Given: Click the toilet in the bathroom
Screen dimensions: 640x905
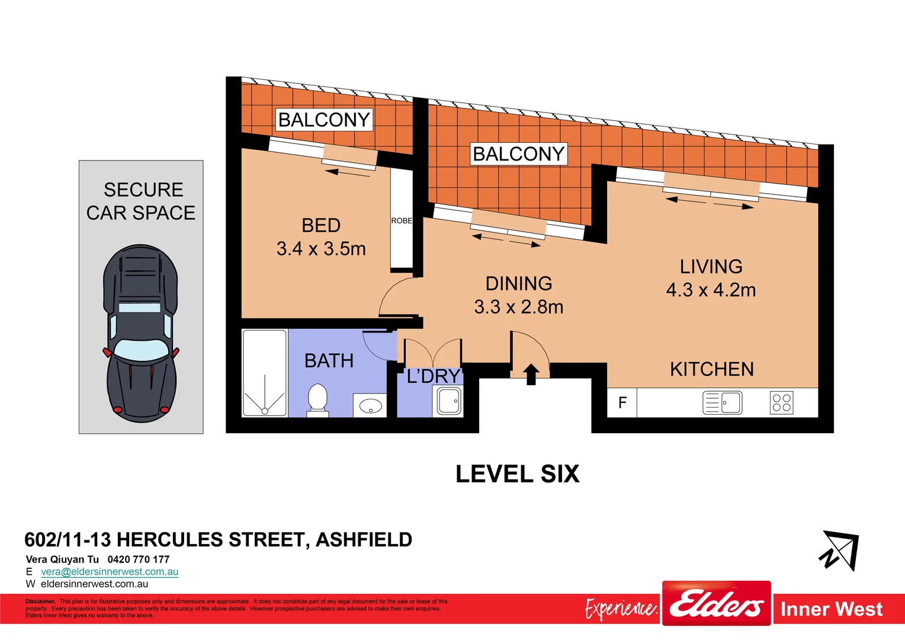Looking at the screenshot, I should [317, 399].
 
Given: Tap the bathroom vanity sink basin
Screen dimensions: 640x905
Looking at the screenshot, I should [371, 406].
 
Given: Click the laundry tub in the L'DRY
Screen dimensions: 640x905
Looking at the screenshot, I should [449, 401].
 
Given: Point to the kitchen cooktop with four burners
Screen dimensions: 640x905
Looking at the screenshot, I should [781, 403].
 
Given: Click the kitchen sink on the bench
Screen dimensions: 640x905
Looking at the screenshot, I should [723, 403].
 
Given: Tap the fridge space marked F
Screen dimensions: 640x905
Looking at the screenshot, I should [622, 403].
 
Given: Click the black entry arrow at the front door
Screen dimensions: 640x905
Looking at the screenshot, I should [531, 374].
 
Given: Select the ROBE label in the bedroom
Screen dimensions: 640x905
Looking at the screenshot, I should [402, 220].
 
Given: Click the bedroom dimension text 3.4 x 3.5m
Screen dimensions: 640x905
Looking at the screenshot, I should [321, 249].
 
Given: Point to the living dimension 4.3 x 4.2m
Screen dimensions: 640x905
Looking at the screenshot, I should [711, 290].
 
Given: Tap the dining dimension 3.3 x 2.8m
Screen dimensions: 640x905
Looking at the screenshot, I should [518, 307].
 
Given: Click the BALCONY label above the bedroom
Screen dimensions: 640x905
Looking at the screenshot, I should [324, 120].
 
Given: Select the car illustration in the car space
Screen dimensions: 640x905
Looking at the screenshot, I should [141, 333].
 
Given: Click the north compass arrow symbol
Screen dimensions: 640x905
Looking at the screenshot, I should [840, 551].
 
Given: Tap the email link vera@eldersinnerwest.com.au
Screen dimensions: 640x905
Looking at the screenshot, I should [110, 572].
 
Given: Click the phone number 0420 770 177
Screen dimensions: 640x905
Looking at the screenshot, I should [139, 559].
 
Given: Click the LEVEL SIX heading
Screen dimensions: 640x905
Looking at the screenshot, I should [517, 474].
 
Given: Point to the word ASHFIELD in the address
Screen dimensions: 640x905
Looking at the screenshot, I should [364, 540].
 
